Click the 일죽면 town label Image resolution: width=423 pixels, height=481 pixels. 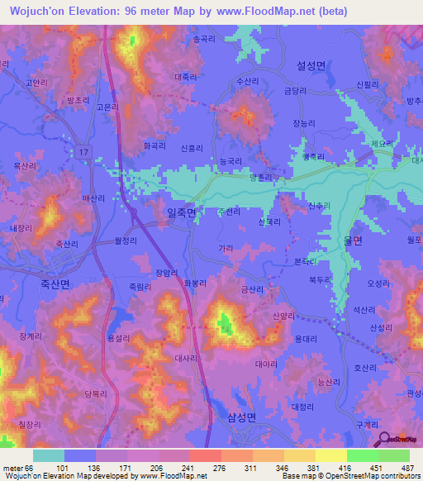click(x=181, y=213)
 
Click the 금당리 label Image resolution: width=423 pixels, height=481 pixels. click(x=296, y=93)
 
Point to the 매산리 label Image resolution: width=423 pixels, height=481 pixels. click(x=93, y=198)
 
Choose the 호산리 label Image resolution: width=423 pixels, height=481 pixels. click(x=364, y=368)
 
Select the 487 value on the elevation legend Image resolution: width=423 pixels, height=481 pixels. click(x=408, y=468)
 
